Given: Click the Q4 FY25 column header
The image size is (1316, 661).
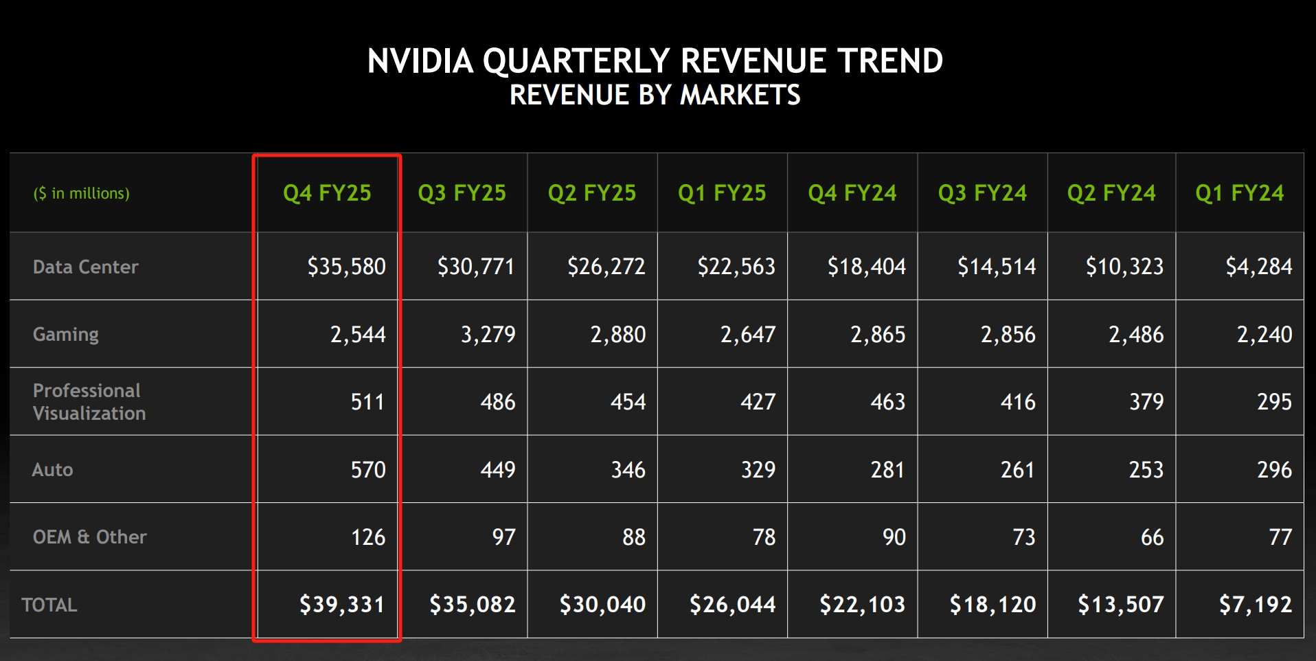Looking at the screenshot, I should pyautogui.click(x=327, y=193).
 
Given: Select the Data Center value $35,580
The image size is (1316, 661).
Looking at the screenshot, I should pyautogui.click(x=346, y=267).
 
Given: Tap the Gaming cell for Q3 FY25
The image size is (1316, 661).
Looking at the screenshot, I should pyautogui.click(x=488, y=335).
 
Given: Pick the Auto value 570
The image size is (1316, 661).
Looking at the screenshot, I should pyautogui.click(x=368, y=470).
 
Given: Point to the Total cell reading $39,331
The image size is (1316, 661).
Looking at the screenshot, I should pyautogui.click(x=341, y=605).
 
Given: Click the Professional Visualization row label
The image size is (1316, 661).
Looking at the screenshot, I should pyautogui.click(x=89, y=402).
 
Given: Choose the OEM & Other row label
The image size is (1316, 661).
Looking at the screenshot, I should pyautogui.click(x=89, y=537).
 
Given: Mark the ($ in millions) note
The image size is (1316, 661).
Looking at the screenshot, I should pyautogui.click(x=81, y=194).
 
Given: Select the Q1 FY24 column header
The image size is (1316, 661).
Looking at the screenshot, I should pyautogui.click(x=1239, y=193).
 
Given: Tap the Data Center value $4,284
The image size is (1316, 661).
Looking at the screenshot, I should pyautogui.click(x=1258, y=267).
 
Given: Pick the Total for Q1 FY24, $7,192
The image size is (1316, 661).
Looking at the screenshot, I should pyautogui.click(x=1255, y=605).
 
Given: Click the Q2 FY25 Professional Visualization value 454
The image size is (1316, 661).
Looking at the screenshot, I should pyautogui.click(x=628, y=402).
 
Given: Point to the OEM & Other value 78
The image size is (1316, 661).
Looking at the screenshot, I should pyautogui.click(x=764, y=537).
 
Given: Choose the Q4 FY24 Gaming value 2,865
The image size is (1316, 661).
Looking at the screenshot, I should pyautogui.click(x=878, y=335).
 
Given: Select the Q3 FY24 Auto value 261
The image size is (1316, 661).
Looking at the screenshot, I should pyautogui.click(x=1017, y=470).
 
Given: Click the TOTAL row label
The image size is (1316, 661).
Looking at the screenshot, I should pyautogui.click(x=49, y=605).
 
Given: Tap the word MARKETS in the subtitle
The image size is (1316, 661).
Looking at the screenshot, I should pyautogui.click(x=740, y=95).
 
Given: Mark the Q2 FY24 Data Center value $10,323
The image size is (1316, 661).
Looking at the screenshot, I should pyautogui.click(x=1124, y=267).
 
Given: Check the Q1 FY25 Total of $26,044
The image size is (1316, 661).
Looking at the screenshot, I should pyautogui.click(x=732, y=605).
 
